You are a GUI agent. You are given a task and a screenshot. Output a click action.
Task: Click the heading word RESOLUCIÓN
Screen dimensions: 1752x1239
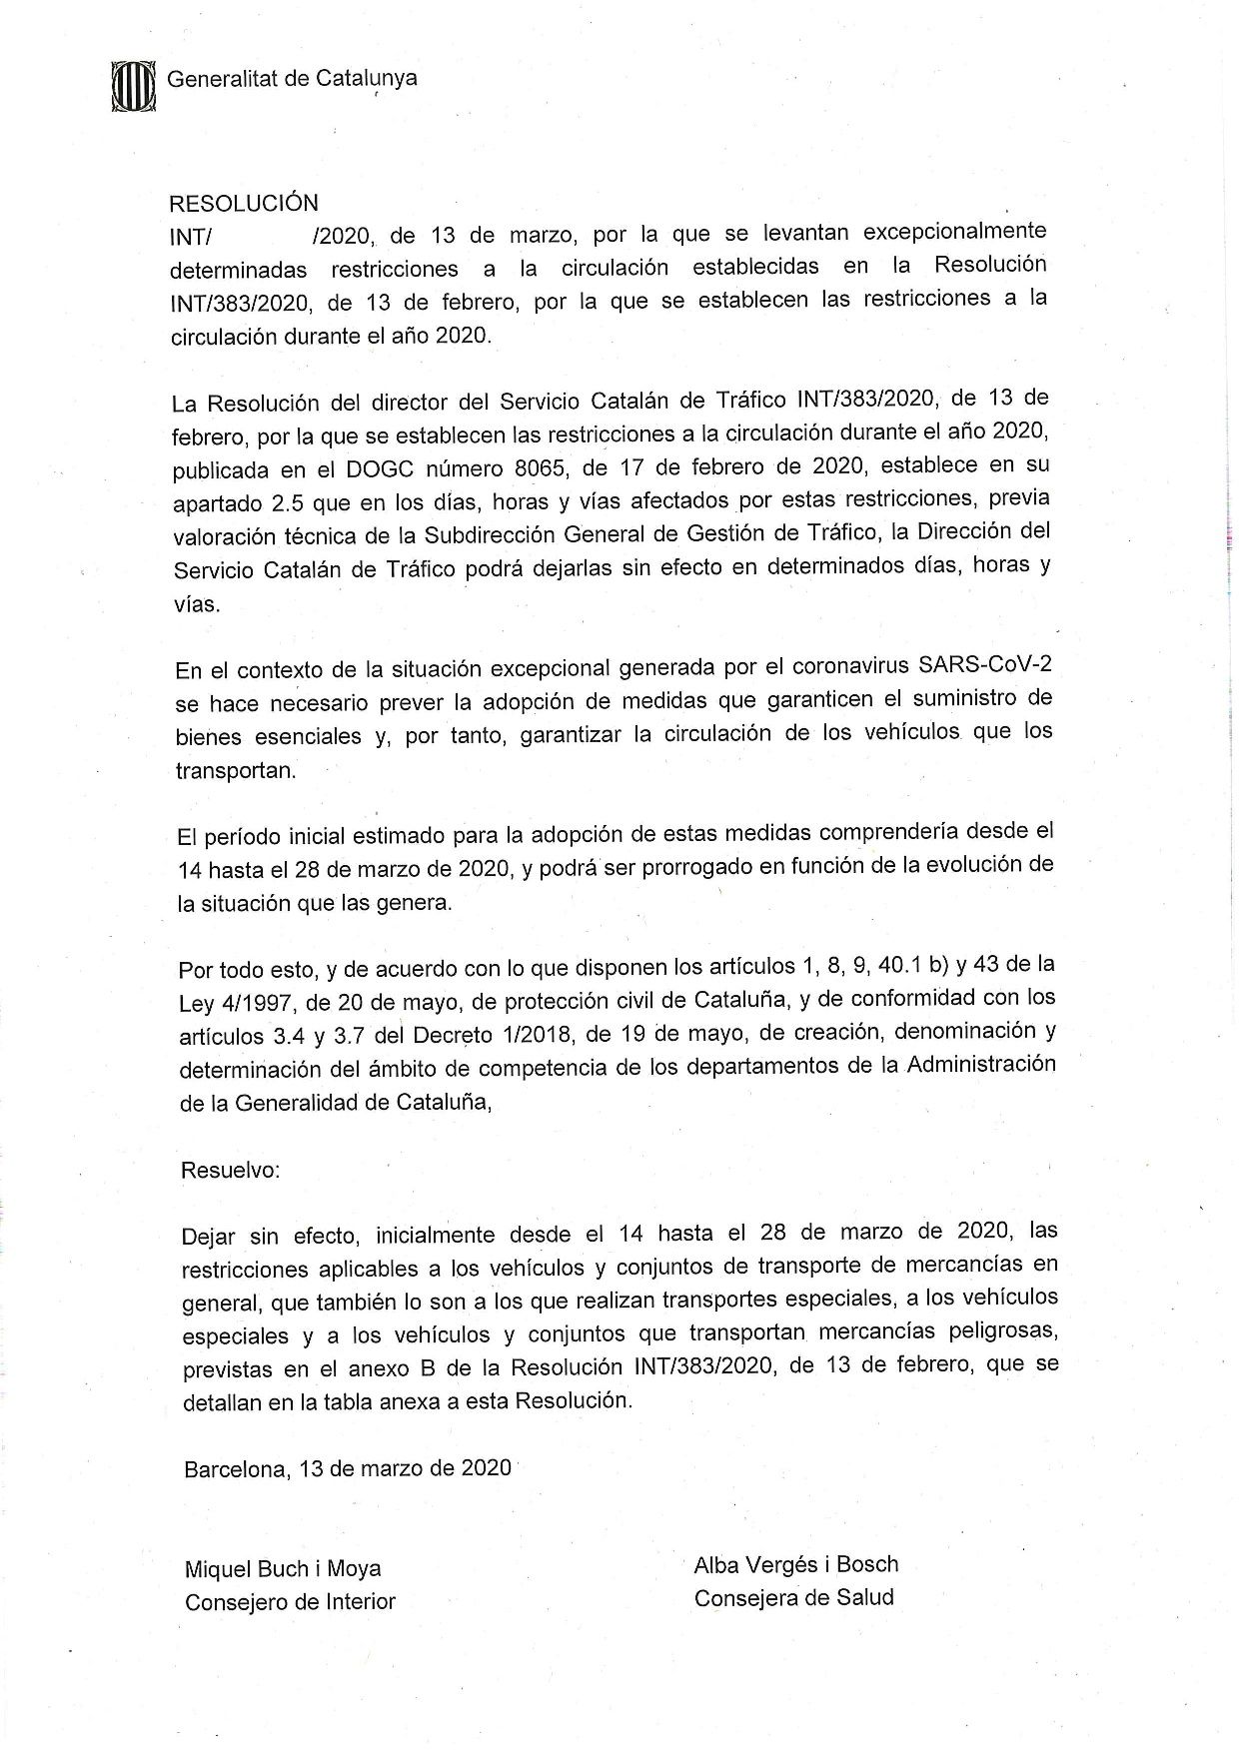click(244, 204)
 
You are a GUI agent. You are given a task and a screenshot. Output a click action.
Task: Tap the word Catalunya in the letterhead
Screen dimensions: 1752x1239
click(366, 78)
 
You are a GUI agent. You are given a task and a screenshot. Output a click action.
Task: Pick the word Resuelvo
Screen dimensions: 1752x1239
click(230, 1170)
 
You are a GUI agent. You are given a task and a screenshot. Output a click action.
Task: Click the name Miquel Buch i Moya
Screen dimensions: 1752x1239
click(283, 1569)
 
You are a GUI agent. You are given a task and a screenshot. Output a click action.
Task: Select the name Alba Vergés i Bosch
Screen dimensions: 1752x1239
click(796, 1564)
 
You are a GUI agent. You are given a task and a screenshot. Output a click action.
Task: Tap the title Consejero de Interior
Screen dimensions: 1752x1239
click(290, 1602)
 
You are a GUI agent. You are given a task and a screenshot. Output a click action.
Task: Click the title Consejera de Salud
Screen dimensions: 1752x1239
click(793, 1597)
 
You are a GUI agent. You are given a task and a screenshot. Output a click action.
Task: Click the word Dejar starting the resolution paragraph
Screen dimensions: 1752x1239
click(209, 1237)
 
